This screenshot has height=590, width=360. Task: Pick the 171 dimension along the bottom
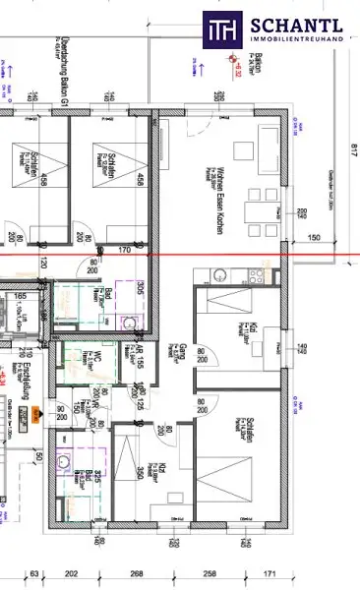(299, 573)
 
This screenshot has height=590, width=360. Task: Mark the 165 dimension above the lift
(20, 294)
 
